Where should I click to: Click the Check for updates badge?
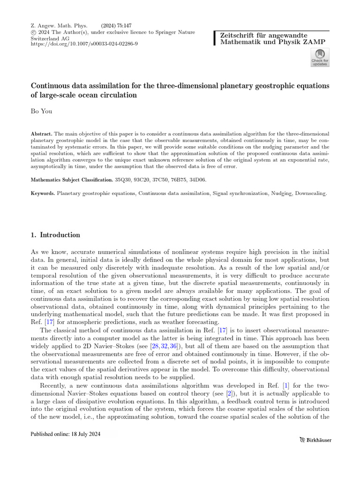pyautogui.click(x=320, y=59)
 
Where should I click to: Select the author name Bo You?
pyautogui.click(x=41, y=111)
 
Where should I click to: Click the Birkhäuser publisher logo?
pyautogui.click(x=315, y=440)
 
